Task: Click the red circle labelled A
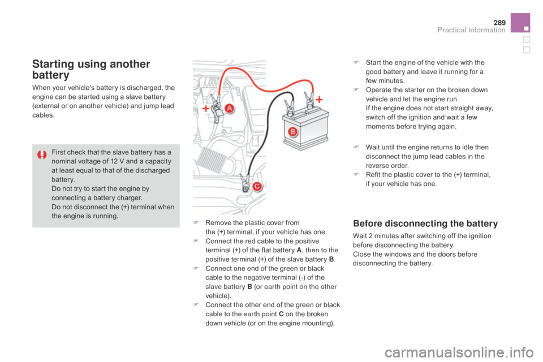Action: [229, 109]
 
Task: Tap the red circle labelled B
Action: [292, 132]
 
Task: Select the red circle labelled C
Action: [257, 186]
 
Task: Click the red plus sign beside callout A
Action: [206, 109]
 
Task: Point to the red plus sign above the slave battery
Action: [319, 100]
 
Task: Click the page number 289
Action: [499, 23]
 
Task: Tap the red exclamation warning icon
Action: [42, 154]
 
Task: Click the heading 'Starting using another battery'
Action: [91, 69]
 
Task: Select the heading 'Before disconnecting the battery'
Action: [425, 223]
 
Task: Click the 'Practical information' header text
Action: [471, 30]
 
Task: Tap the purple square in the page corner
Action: [520, 23]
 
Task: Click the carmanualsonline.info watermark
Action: [459, 352]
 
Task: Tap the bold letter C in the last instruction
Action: [281, 314]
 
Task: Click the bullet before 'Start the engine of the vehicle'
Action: [356, 62]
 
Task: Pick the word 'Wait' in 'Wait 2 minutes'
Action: [360, 236]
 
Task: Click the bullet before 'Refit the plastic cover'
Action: [356, 174]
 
